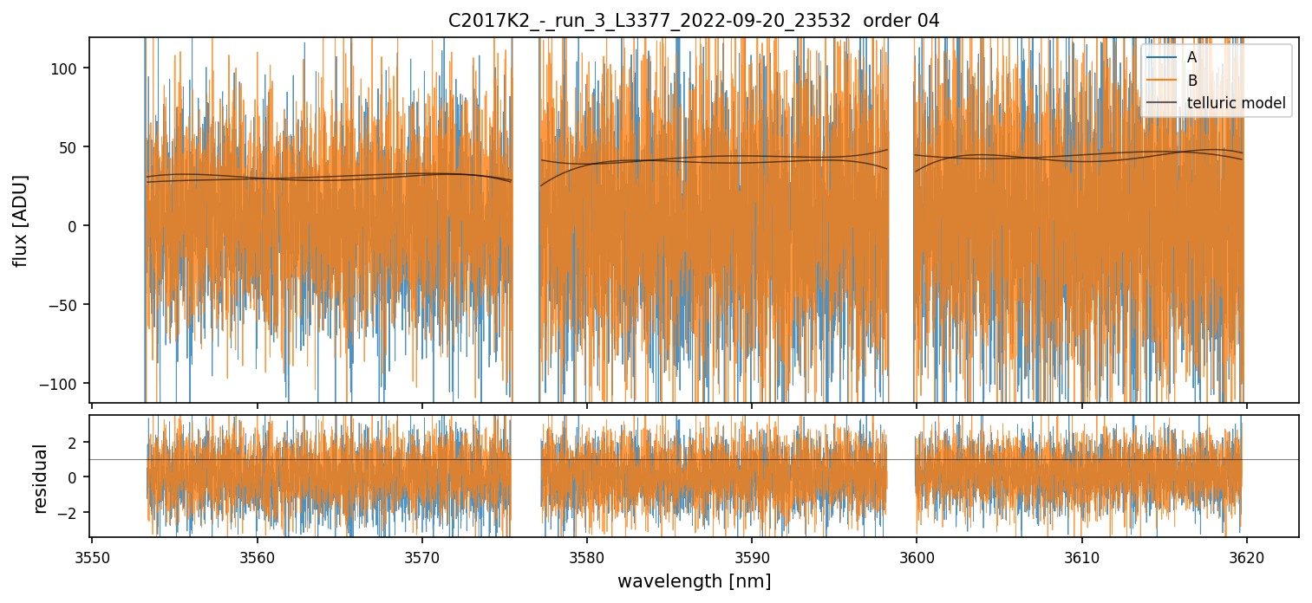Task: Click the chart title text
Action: click(693, 21)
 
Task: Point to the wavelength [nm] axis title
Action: click(693, 580)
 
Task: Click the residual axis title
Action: click(40, 478)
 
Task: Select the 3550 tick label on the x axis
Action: click(92, 555)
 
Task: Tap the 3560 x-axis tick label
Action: click(257, 555)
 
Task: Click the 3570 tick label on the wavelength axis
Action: click(421, 555)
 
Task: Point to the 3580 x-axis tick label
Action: click(586, 555)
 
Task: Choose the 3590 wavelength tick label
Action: click(751, 555)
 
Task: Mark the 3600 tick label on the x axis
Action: click(917, 555)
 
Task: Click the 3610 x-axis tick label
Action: click(1081, 555)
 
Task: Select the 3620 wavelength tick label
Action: click(1246, 555)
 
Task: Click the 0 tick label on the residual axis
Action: click(75, 477)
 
